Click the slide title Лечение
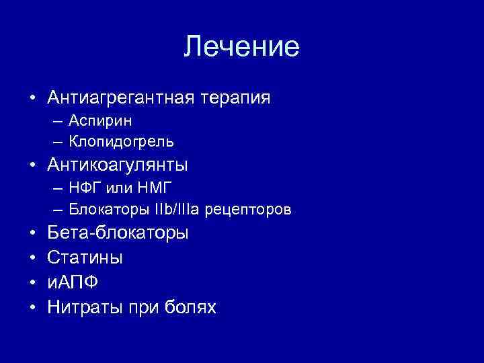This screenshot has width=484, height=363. tap(242, 46)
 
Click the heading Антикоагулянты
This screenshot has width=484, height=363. tap(118, 165)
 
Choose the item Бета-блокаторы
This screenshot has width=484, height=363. tap(118, 233)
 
